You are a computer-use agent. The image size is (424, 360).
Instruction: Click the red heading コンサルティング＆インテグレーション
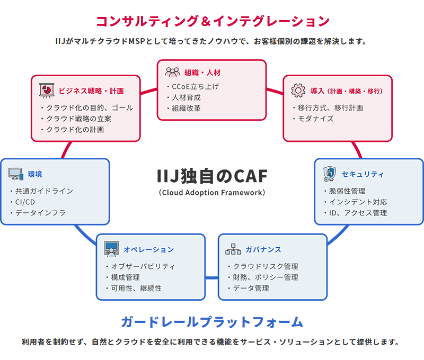point(212,21)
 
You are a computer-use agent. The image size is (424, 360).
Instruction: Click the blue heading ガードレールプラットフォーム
point(211,321)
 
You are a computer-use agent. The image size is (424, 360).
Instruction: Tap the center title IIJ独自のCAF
point(212,175)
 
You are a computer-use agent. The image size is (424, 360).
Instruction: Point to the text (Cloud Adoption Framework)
point(212,192)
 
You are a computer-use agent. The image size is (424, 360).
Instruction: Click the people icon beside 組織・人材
point(173,73)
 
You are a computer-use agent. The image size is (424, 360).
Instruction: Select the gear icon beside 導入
point(299,90)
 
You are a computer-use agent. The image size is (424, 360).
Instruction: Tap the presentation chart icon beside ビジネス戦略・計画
point(47,90)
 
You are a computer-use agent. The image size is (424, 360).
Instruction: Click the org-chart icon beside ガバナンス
point(233,249)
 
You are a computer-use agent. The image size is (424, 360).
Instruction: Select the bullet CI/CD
point(26,202)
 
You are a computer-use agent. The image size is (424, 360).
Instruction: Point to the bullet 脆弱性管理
point(347,191)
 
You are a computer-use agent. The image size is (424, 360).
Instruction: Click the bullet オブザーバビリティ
point(143,266)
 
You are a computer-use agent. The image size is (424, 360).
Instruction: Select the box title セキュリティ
point(363,174)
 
